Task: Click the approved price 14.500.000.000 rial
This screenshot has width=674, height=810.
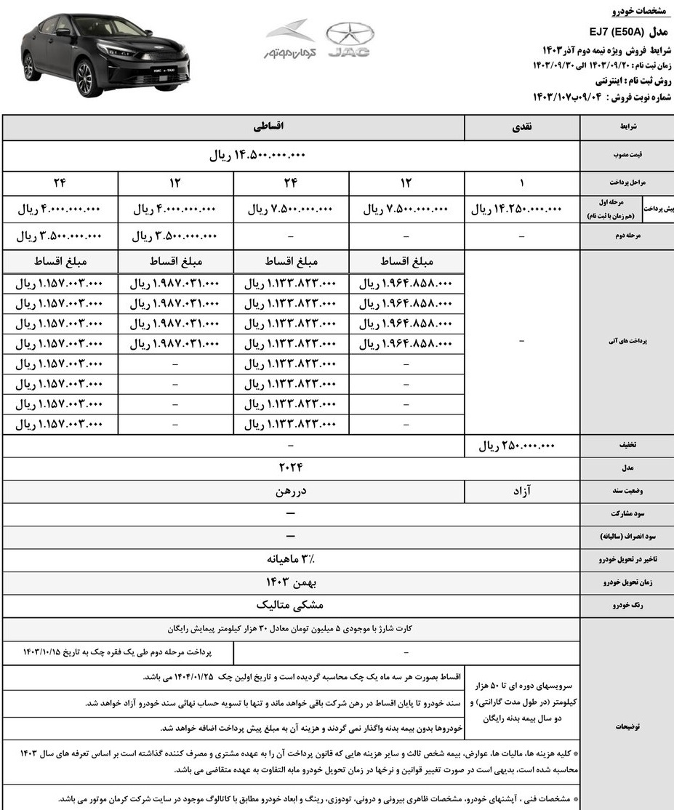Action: click(258, 156)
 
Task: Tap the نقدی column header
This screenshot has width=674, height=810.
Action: click(522, 127)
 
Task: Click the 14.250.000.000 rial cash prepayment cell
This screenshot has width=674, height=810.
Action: click(518, 209)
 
